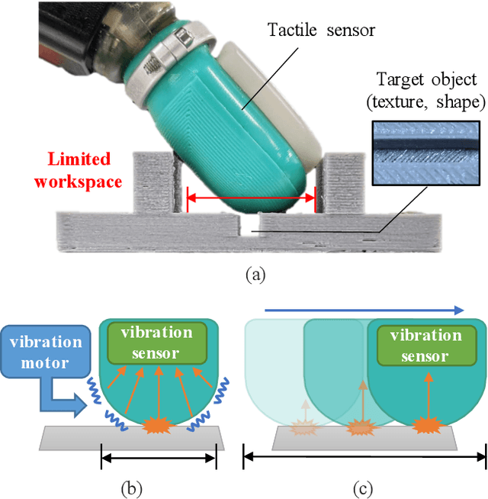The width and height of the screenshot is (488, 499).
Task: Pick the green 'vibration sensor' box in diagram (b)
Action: coord(156,343)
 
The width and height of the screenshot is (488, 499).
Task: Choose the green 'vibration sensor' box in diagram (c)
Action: coord(425,345)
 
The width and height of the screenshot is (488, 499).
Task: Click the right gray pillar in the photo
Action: coord(342,181)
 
